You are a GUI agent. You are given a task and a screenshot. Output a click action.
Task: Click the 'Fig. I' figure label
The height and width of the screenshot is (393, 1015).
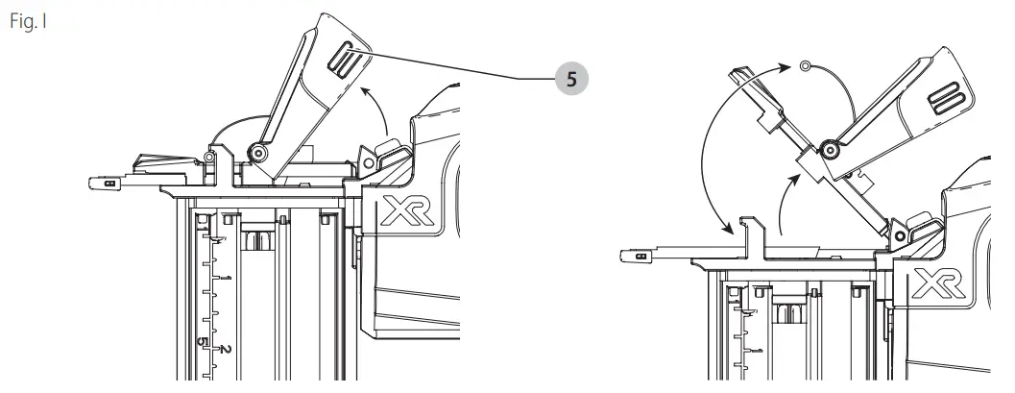[x=26, y=21]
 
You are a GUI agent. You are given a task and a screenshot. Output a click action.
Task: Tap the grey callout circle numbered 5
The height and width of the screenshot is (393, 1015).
[x=571, y=80]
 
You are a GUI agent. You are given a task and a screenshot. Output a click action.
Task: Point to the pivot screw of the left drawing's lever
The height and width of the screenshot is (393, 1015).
[x=258, y=151]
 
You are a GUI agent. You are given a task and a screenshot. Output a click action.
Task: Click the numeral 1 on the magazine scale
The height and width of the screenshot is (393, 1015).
[x=227, y=278]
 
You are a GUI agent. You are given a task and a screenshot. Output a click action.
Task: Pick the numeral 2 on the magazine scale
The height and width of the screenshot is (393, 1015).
[x=227, y=348]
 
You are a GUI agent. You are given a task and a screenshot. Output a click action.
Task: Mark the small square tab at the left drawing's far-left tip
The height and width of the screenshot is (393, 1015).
[x=109, y=180]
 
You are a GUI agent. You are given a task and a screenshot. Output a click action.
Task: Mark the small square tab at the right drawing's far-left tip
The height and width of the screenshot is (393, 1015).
[x=633, y=256]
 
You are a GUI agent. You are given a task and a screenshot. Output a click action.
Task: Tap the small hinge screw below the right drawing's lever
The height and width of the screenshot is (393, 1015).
[x=901, y=231]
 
